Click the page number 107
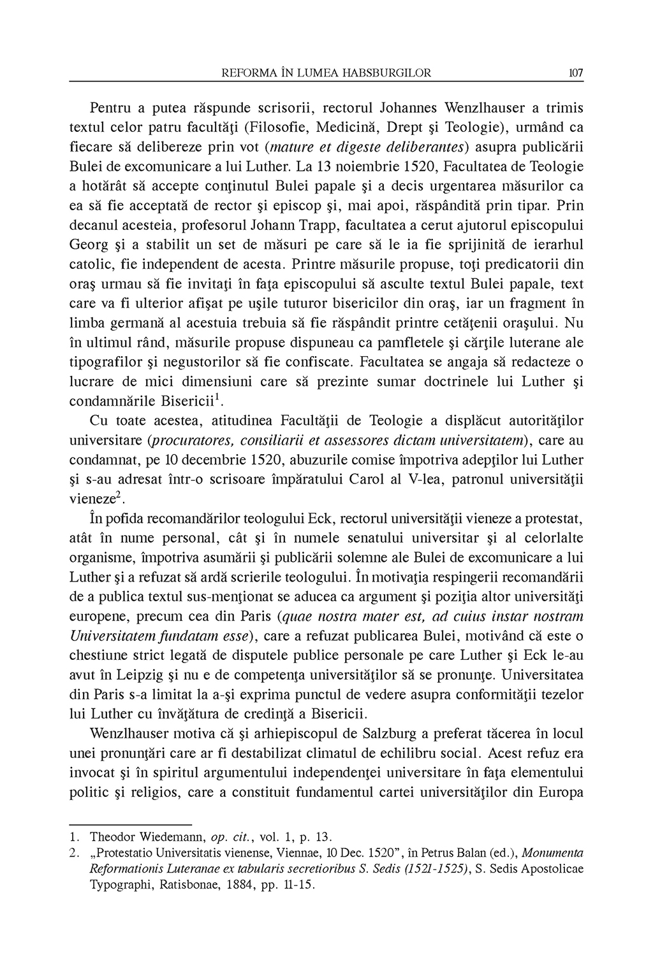(x=576, y=73)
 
